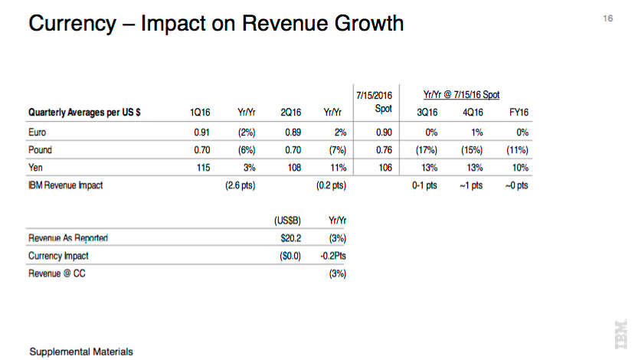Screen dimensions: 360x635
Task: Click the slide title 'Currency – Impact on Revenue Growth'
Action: (215, 24)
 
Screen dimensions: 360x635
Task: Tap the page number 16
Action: (609, 18)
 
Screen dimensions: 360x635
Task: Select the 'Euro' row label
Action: (37, 132)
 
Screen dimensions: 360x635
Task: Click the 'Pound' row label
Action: (40, 150)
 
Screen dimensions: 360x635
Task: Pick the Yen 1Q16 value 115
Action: (203, 168)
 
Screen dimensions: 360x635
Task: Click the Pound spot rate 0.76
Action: (385, 150)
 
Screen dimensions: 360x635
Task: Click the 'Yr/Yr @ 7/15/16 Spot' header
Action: (461, 94)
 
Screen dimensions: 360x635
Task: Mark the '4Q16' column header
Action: (471, 113)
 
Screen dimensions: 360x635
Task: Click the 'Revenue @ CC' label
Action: (57, 273)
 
